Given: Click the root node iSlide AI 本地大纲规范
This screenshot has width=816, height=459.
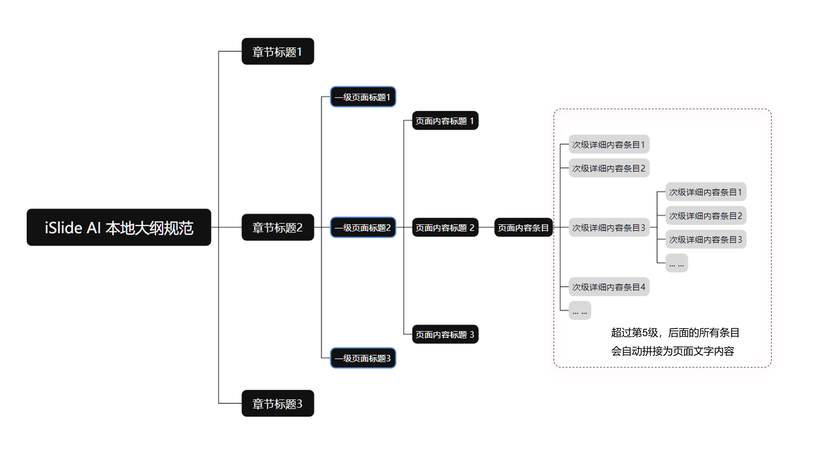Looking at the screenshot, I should click(x=119, y=227).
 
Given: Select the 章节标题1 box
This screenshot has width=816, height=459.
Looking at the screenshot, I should click(x=277, y=51).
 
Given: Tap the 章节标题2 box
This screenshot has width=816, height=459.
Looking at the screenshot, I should click(x=277, y=227).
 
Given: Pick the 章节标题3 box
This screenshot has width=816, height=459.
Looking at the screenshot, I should click(x=277, y=403).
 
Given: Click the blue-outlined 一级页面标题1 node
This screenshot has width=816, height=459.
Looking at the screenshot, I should click(x=363, y=97).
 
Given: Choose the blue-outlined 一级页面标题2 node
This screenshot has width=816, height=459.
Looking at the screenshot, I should click(x=363, y=227).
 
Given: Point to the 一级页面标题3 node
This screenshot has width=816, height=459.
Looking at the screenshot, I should click(x=363, y=358).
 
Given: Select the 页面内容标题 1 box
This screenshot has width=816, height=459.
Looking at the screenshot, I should click(x=445, y=120).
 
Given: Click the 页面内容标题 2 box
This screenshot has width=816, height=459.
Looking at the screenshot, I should click(x=445, y=227).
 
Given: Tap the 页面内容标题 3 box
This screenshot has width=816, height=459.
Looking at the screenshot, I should click(x=445, y=334).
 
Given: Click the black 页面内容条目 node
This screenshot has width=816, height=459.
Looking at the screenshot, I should click(x=523, y=227).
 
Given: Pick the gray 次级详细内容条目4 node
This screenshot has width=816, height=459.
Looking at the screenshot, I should click(x=609, y=287).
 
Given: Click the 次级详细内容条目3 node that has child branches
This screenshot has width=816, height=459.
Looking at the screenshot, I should click(x=609, y=227).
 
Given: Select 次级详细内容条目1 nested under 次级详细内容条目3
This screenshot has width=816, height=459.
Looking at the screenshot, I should click(x=706, y=192).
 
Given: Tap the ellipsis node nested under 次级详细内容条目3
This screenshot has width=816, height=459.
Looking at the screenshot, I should click(x=677, y=263).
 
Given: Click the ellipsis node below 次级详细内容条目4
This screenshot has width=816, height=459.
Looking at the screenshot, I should click(x=580, y=310).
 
